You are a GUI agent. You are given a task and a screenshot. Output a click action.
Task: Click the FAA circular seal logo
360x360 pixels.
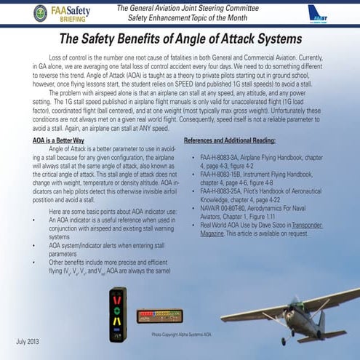pyautogui.click(x=40, y=12)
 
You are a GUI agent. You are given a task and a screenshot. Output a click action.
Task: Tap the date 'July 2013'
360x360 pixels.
pyautogui.click(x=28, y=342)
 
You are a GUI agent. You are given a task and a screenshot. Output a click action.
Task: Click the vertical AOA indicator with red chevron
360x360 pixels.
pyautogui.click(x=117, y=313)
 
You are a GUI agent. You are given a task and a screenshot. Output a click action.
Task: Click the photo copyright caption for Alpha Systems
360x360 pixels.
pyautogui.click(x=181, y=335)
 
